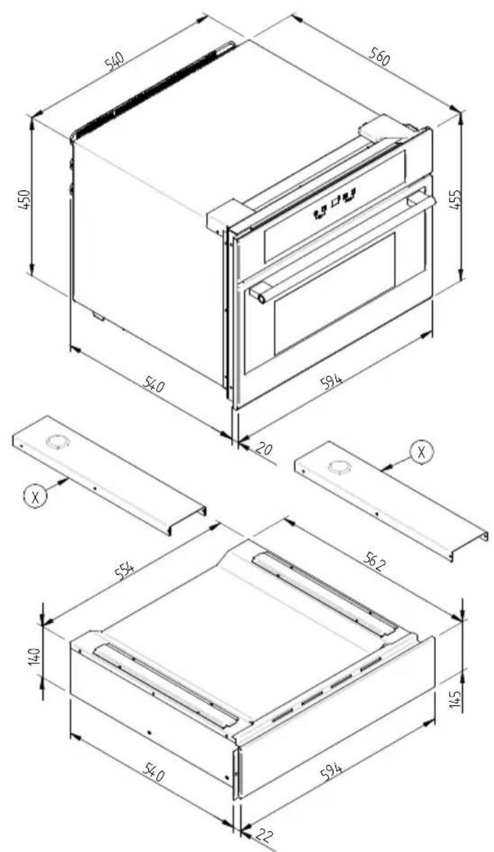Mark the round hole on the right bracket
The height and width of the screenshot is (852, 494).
click(x=337, y=466)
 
